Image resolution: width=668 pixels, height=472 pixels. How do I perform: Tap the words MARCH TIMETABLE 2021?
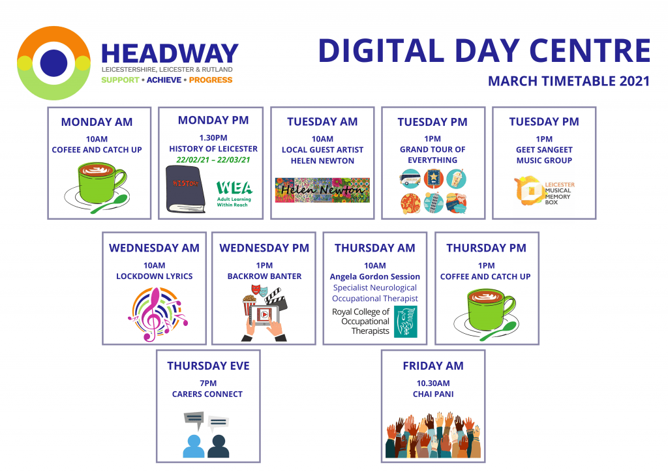[569, 81]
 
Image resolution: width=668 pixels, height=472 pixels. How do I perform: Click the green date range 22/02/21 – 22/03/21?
[213, 160]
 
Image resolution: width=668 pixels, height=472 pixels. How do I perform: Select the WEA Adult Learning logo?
[234, 194]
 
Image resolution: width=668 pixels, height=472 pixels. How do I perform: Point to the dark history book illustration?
[185, 189]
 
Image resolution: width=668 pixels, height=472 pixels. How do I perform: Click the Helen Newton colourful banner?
[322, 190]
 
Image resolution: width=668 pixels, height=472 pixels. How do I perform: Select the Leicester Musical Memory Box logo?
[544, 191]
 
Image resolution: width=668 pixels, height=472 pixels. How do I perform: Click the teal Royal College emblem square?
[405, 321]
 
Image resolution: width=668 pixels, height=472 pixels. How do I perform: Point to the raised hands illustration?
[433, 435]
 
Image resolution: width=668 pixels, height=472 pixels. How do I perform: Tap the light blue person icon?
[193, 447]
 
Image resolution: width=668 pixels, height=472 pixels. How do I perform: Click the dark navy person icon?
[218, 447]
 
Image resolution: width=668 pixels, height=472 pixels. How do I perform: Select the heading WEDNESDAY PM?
[264, 248]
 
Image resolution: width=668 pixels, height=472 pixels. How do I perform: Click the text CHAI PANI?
[433, 394]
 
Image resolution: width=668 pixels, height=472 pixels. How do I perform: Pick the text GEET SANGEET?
[544, 150]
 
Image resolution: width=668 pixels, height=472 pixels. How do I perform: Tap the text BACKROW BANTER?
[264, 276]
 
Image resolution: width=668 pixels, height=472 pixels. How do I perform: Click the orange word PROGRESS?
[211, 80]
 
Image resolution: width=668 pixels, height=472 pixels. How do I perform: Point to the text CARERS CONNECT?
[207, 394]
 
